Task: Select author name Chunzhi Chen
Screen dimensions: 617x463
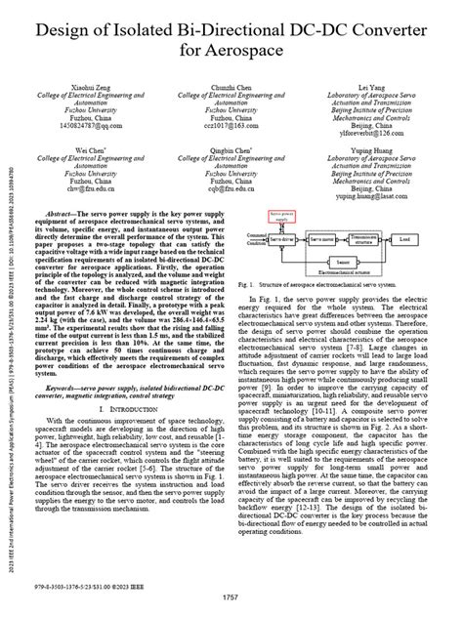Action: (x=231, y=86)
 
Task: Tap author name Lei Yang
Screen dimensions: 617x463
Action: (x=372, y=86)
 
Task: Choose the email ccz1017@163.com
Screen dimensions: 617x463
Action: (x=231, y=126)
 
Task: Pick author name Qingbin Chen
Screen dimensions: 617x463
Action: (x=231, y=152)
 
